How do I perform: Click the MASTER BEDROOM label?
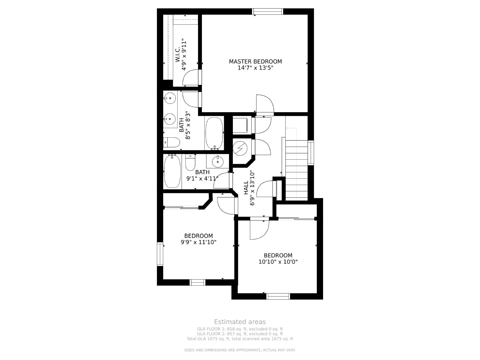[x=255, y=61]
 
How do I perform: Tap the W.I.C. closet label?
[x=178, y=54]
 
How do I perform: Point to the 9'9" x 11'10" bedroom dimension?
[x=198, y=242]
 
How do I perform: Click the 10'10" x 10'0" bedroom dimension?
[x=278, y=262]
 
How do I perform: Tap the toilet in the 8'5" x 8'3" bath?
[x=172, y=142]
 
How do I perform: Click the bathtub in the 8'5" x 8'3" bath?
[x=214, y=133]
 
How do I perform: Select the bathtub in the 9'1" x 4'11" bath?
[x=172, y=171]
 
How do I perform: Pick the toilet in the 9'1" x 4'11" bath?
[x=190, y=162]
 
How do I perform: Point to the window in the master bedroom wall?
[x=267, y=11]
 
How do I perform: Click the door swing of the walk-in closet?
[x=191, y=77]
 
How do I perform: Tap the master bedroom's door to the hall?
[x=265, y=105]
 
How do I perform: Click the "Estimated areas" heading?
[x=240, y=322]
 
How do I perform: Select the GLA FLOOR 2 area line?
[x=240, y=334]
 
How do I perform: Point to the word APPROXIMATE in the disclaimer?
[x=247, y=350]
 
